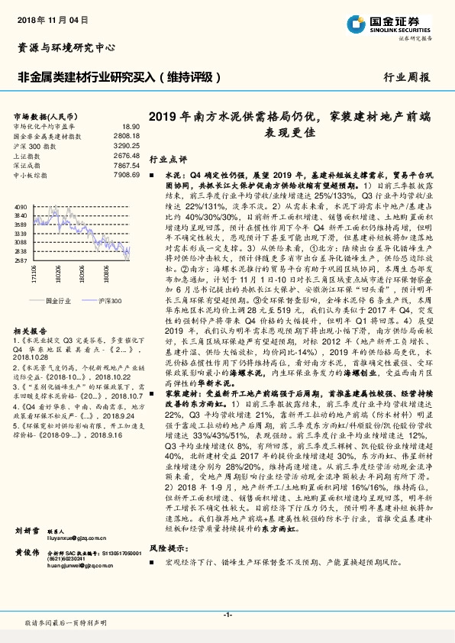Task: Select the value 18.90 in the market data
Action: pos(131,126)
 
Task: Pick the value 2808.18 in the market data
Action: pos(128,136)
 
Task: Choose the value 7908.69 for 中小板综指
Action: pos(128,175)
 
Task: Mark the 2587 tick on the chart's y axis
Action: pos(21,261)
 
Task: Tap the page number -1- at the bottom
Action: pos(227,615)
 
